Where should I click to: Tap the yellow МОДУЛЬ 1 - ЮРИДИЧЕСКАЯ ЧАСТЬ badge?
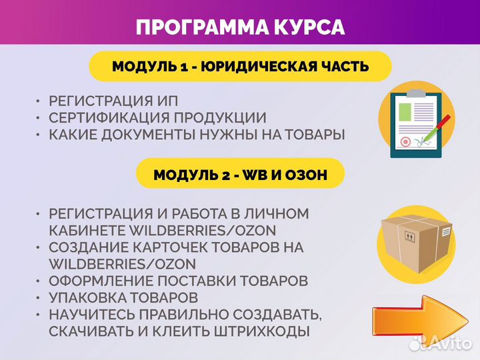[x=240, y=67]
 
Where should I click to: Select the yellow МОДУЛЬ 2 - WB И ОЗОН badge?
[x=240, y=175]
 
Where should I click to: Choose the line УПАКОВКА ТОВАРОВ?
[x=123, y=296]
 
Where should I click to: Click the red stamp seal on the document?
[x=404, y=142]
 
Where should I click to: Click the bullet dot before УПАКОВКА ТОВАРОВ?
[x=38, y=297]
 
